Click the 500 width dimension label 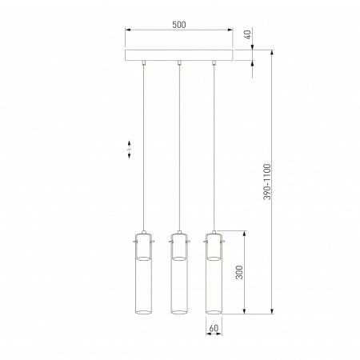[x=179, y=25]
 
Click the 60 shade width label [x=214, y=328]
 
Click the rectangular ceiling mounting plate [x=179, y=56]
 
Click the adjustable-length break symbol [x=131, y=150]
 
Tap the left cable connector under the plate [x=142, y=63]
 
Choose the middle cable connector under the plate [x=179, y=63]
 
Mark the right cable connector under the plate [x=214, y=63]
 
